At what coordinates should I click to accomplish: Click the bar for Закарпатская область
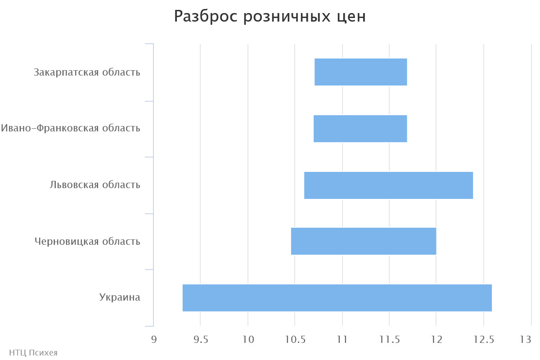tap(360, 72)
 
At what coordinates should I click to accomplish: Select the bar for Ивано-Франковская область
tap(360, 129)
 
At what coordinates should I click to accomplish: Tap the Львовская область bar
tap(388, 185)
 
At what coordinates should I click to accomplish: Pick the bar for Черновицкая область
tap(364, 241)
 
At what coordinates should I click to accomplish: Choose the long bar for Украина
tap(337, 298)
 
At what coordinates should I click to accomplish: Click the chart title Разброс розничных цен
tap(270, 17)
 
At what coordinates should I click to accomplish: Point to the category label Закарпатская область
tap(87, 72)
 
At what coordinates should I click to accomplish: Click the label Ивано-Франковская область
tap(71, 128)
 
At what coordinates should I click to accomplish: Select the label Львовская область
tap(95, 185)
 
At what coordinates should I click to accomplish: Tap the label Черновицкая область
tap(87, 242)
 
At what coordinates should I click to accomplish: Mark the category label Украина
tap(120, 297)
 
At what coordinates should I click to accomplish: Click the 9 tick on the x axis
tap(154, 339)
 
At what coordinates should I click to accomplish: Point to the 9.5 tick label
tap(201, 339)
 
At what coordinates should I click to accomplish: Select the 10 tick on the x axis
tap(248, 339)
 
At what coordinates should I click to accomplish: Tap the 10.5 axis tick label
tap(295, 339)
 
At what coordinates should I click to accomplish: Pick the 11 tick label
tap(342, 339)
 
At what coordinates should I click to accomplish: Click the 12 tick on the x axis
tap(436, 339)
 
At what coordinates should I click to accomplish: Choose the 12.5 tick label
tap(483, 339)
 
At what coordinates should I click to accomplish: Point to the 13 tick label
tap(526, 339)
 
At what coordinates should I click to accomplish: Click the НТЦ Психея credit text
tap(33, 353)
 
